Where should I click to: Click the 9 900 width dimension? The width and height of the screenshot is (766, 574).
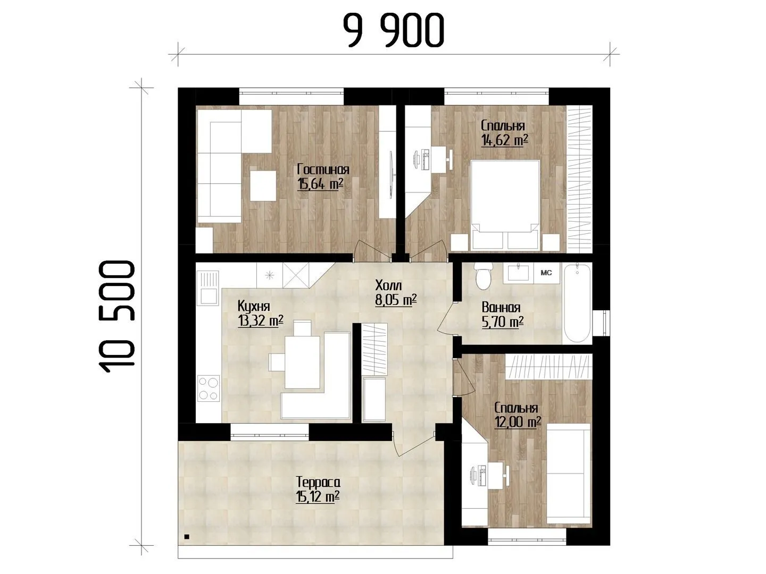coord(394,31)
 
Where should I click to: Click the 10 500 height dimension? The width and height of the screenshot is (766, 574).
coord(118,317)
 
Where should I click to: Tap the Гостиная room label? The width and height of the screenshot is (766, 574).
coord(323,170)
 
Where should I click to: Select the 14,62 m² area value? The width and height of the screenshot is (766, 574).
coord(504,140)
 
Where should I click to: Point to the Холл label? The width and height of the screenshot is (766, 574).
coord(388,285)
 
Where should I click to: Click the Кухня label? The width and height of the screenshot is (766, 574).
coord(254,306)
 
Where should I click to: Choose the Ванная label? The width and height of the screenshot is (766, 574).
coord(501,307)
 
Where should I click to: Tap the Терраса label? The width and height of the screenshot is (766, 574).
coord(318,483)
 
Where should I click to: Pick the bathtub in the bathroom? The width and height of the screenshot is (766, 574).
coord(577,303)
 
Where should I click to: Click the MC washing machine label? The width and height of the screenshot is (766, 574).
coord(546,273)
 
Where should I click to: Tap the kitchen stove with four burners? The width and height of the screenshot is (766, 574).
coord(209,388)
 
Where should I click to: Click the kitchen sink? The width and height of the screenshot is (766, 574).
coord(209,288)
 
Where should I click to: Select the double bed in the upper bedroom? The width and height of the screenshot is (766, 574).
coord(505,205)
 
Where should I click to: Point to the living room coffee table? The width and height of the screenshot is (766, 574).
coord(263,185)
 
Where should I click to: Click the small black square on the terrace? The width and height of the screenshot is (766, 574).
coord(187,546)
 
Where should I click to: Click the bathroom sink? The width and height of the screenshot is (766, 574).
coord(518,272)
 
